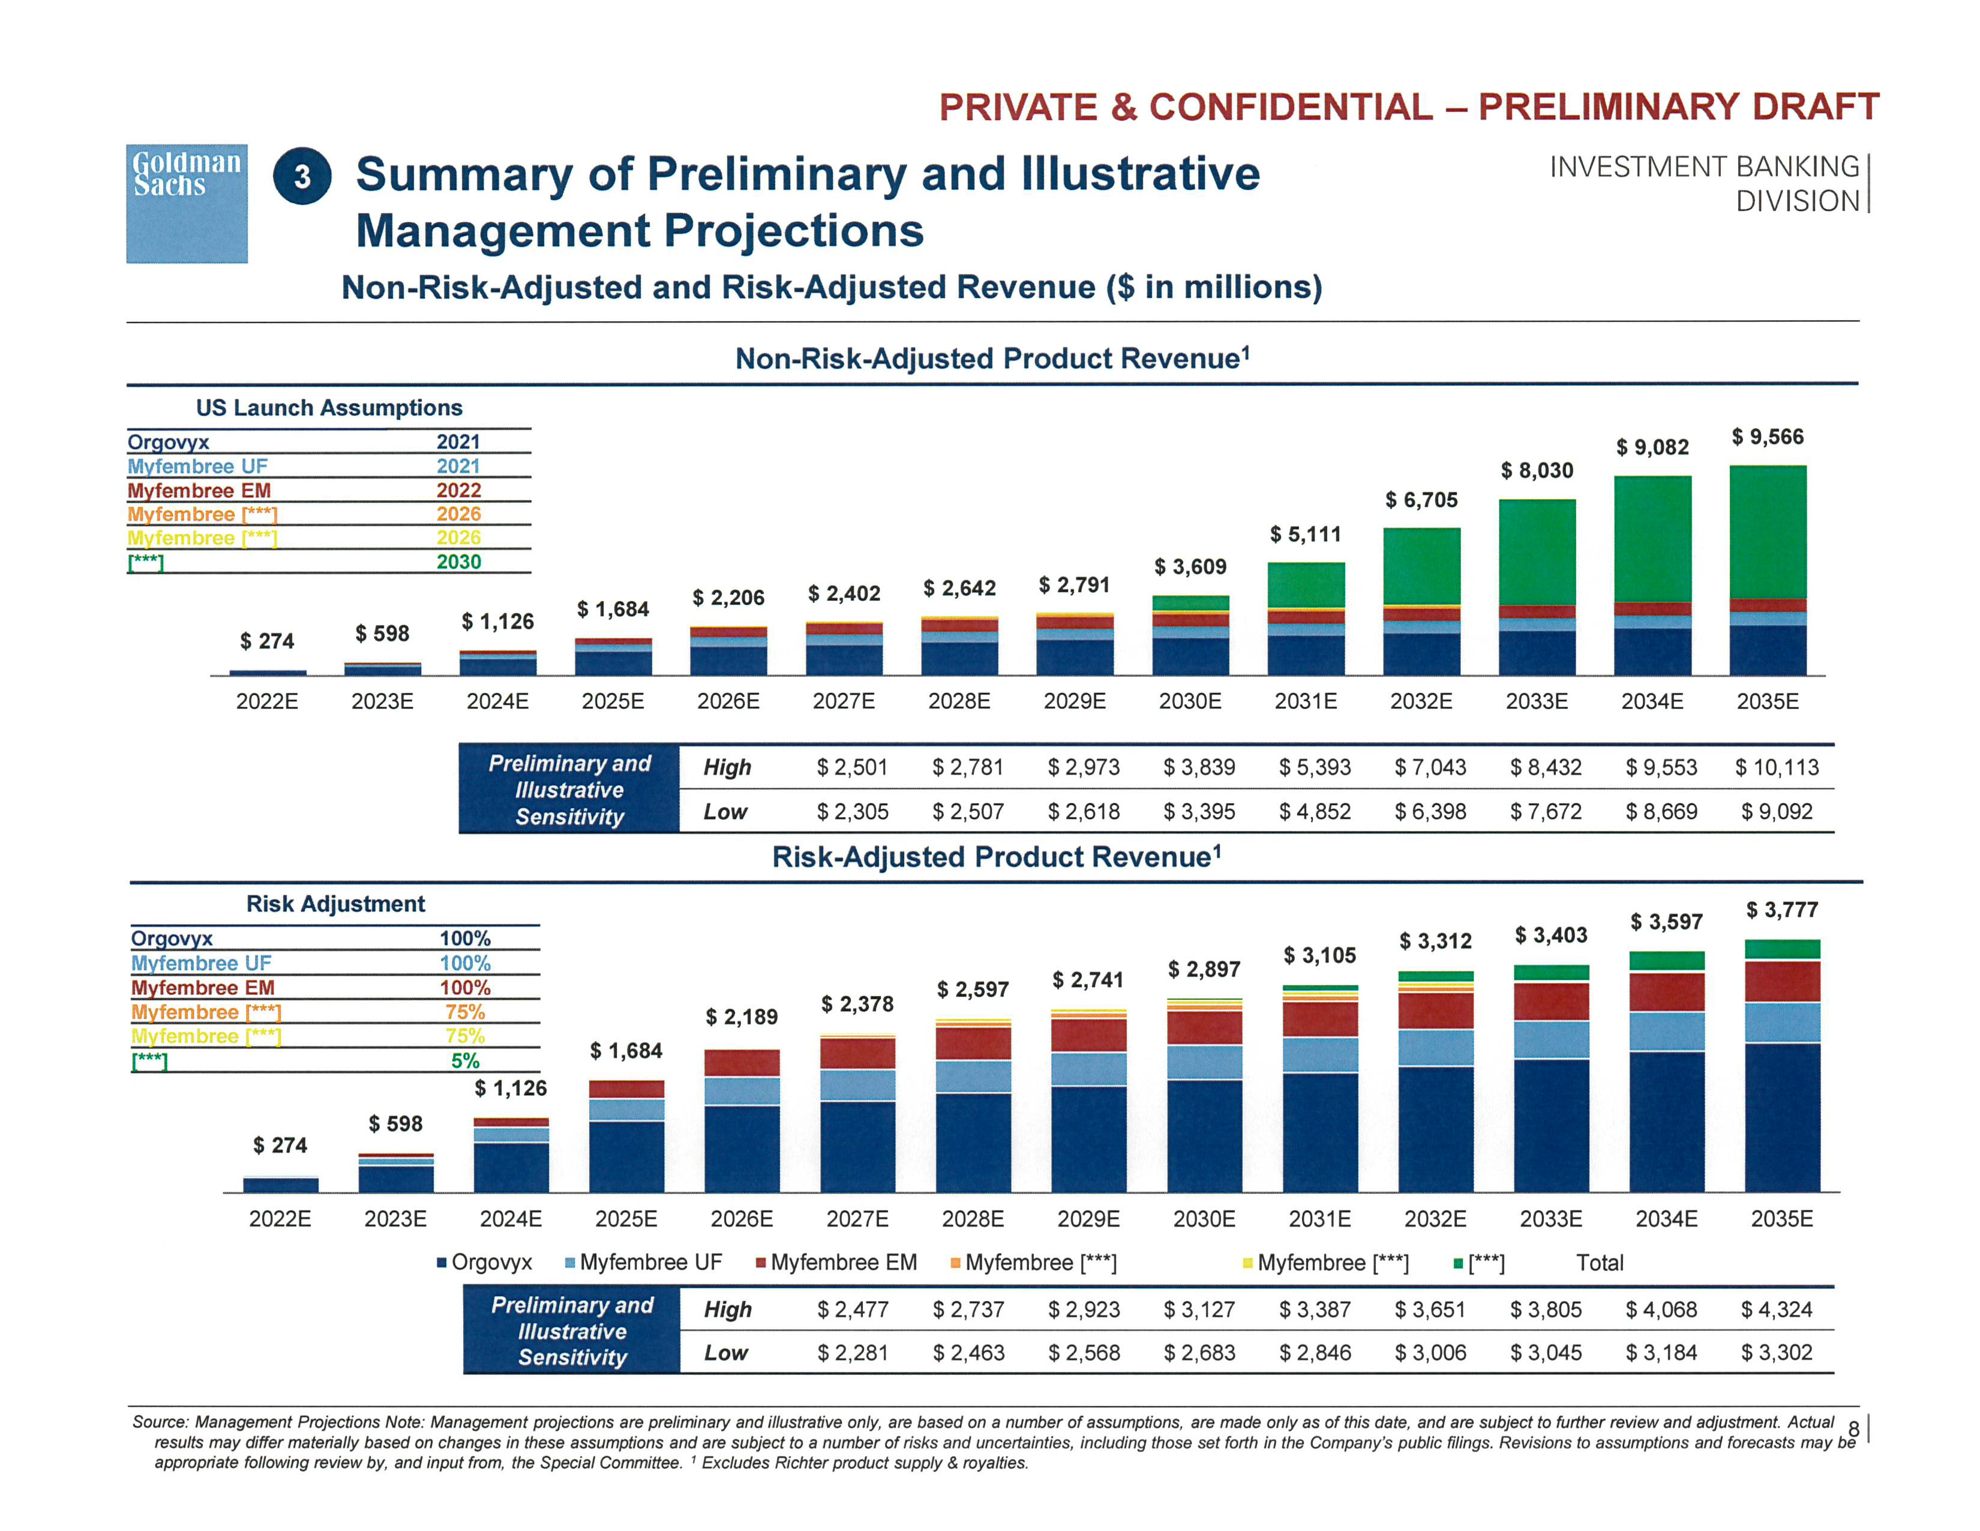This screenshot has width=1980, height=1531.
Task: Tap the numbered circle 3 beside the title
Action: point(302,176)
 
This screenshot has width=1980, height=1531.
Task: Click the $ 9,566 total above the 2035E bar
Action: point(1767,437)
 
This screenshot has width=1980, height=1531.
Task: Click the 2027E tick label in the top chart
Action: point(843,701)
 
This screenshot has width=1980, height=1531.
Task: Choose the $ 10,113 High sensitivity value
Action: point(1776,767)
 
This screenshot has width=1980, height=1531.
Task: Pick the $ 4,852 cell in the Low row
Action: point(1315,812)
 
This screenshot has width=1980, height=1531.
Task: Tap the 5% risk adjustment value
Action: point(465,1060)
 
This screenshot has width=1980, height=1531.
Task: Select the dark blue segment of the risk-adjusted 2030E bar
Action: point(1204,1135)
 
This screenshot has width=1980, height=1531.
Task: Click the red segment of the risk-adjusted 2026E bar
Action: point(742,1063)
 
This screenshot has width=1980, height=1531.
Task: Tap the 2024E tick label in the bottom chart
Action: point(511,1219)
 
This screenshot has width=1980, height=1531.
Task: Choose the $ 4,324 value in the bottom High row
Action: point(1776,1309)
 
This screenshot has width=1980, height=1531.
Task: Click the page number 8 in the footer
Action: point(1853,1430)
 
